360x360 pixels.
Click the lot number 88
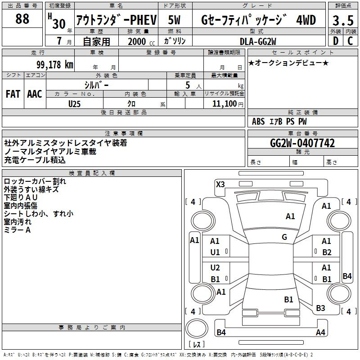click(x=22, y=18)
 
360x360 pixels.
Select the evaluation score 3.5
click(x=343, y=20)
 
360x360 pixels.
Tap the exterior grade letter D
click(x=336, y=41)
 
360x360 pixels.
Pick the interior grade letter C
click(x=350, y=41)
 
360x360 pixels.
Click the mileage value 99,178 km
click(x=55, y=64)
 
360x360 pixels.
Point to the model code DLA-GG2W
click(x=258, y=41)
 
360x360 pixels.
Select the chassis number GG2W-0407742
click(x=302, y=143)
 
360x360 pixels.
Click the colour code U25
click(x=74, y=104)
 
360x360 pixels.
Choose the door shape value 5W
click(x=174, y=20)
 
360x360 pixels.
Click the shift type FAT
click(x=13, y=94)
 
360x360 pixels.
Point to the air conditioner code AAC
click(x=35, y=94)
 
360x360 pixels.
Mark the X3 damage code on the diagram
click(x=220, y=184)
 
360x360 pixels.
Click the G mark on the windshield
click(x=284, y=237)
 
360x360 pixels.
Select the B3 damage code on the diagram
click(x=320, y=308)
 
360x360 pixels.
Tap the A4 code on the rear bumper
click(x=320, y=332)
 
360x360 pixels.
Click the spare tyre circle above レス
click(x=197, y=328)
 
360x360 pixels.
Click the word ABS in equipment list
click(x=258, y=121)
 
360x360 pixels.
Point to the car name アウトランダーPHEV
click(x=117, y=20)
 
